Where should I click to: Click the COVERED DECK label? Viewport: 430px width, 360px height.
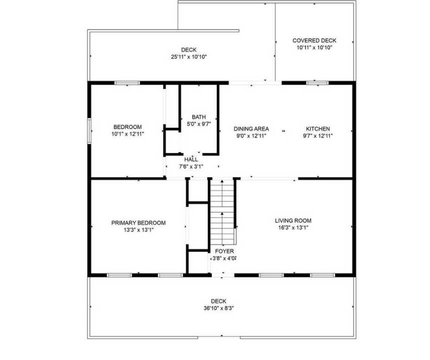tap(314, 40)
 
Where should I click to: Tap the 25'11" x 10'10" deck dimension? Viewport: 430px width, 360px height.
tap(189, 57)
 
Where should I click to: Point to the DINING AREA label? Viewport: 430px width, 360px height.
tap(251, 128)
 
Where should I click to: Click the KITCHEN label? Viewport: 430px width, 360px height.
tap(318, 128)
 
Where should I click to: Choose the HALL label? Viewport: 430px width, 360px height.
tap(191, 159)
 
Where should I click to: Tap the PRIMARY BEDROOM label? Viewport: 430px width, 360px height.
tap(138, 223)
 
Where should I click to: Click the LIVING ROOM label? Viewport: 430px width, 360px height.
tap(293, 220)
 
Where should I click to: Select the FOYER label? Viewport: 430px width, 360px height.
tap(224, 251)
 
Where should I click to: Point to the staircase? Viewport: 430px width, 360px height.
tap(222, 210)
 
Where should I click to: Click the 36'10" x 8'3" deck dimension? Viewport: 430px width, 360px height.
tap(218, 308)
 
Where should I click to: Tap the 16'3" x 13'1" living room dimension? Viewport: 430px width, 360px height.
tap(293, 228)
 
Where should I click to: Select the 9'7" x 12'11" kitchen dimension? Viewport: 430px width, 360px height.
tap(318, 135)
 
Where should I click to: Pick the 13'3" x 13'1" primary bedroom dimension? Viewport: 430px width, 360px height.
tap(138, 230)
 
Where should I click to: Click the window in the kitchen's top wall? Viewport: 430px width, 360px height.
tap(314, 83)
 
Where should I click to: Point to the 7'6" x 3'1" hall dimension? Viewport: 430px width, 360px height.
tap(191, 166)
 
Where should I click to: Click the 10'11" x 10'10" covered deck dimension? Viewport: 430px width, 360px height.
tap(314, 48)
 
